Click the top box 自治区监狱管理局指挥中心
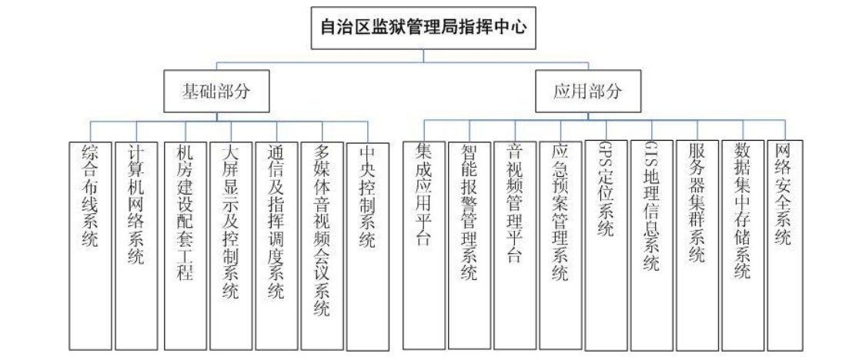pyautogui.click(x=423, y=28)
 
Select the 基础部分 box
pyautogui.click(x=216, y=92)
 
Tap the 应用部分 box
pyautogui.click(x=588, y=92)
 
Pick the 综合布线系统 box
pyautogui.click(x=91, y=245)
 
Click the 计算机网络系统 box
pyautogui.click(x=136, y=245)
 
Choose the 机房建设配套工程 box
pyautogui.click(x=185, y=245)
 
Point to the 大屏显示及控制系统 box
pyautogui.click(x=230, y=245)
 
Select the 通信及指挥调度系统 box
pyautogui.click(x=276, y=245)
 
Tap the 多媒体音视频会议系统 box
pyautogui.click(x=322, y=245)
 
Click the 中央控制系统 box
pyautogui.click(x=368, y=245)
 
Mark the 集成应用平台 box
pyautogui.click(x=424, y=245)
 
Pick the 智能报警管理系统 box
pyautogui.click(x=469, y=245)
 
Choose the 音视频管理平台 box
pyautogui.click(x=516, y=245)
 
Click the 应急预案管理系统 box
pyautogui.click(x=560, y=245)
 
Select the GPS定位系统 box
pyautogui.click(x=606, y=245)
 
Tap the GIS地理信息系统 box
pyautogui.click(x=652, y=245)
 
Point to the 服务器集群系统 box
pyautogui.click(x=697, y=245)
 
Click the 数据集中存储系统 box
pyautogui.click(x=743, y=245)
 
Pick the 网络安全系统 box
pyautogui.click(x=786, y=245)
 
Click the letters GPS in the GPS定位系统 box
pyautogui.click(x=606, y=155)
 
